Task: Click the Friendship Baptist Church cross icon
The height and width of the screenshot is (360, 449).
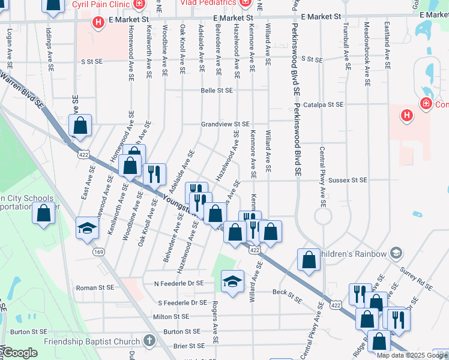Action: click(x=149, y=341)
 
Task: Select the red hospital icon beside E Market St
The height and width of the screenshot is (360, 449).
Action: click(x=98, y=22)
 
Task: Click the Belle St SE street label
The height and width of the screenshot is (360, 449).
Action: click(x=217, y=91)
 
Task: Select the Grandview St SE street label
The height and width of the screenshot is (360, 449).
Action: click(x=224, y=124)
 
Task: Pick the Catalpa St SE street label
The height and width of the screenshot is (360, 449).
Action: click(x=323, y=104)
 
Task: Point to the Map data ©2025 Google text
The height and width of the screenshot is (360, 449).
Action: click(x=411, y=355)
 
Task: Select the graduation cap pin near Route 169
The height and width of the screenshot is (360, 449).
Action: click(x=87, y=229)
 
